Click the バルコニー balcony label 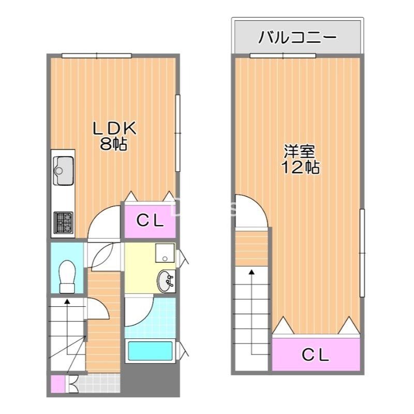pyautogui.click(x=298, y=37)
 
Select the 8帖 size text pyautogui.click(x=113, y=144)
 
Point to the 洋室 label pyautogui.click(x=300, y=152)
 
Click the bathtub pyautogui.click(x=150, y=351)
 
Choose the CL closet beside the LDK pyautogui.click(x=150, y=221)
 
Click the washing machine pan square pyautogui.click(x=166, y=253)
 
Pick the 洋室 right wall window pyautogui.click(x=363, y=252)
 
